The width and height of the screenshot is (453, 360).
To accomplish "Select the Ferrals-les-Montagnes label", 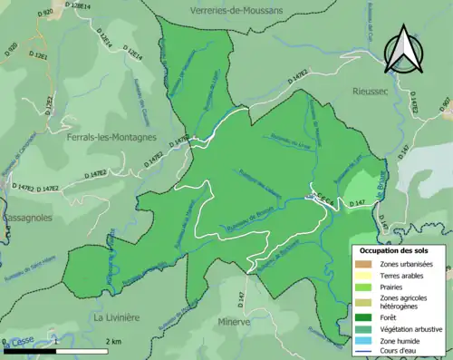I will coord(111,138).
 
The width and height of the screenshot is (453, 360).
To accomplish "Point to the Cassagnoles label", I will coord(24,219).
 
